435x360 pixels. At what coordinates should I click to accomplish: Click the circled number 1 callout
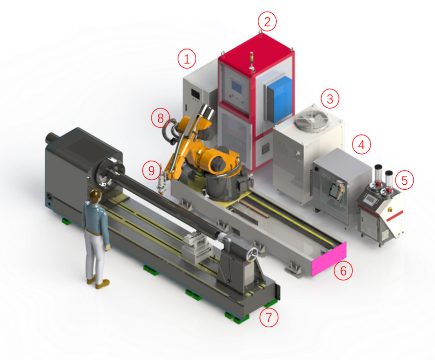click(187, 59)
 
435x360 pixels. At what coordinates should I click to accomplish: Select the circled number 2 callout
click(267, 22)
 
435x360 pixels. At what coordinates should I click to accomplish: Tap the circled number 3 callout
click(330, 99)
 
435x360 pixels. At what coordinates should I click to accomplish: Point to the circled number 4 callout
click(361, 144)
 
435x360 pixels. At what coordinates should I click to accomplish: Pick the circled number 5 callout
click(404, 180)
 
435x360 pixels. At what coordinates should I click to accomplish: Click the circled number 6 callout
click(343, 271)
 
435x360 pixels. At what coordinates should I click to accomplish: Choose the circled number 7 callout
click(269, 317)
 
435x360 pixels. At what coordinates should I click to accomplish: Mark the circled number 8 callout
click(160, 118)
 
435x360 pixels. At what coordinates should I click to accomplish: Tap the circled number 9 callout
click(151, 170)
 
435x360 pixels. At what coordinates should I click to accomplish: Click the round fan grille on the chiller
click(312, 119)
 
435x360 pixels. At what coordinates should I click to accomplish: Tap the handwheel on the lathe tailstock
click(252, 254)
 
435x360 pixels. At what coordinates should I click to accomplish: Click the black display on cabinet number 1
click(195, 94)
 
